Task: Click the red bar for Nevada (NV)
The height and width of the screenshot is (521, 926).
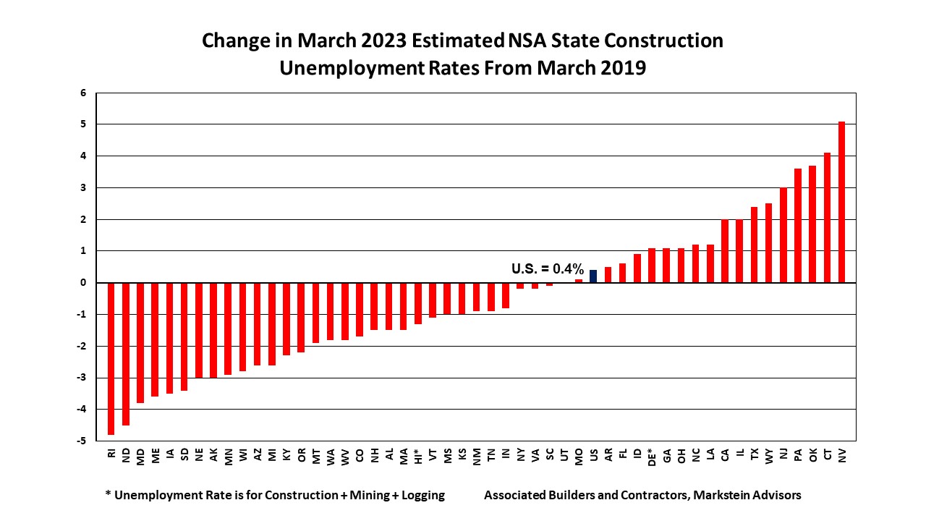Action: click(841, 202)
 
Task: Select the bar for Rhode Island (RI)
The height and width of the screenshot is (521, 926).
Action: click(111, 358)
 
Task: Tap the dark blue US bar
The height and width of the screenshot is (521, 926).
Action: click(593, 276)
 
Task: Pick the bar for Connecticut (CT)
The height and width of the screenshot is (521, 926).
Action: click(827, 217)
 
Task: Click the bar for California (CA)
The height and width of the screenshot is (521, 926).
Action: click(725, 250)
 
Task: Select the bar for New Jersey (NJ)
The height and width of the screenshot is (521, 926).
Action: click(783, 234)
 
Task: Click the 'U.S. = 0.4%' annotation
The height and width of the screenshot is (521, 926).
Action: click(548, 268)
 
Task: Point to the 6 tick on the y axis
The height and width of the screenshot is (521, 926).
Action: click(83, 93)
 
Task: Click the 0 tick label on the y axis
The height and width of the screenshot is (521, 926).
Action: click(83, 282)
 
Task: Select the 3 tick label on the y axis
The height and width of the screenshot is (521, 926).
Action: click(83, 187)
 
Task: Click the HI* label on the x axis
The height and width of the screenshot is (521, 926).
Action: click(418, 456)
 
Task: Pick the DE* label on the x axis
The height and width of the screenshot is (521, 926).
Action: click(652, 456)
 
